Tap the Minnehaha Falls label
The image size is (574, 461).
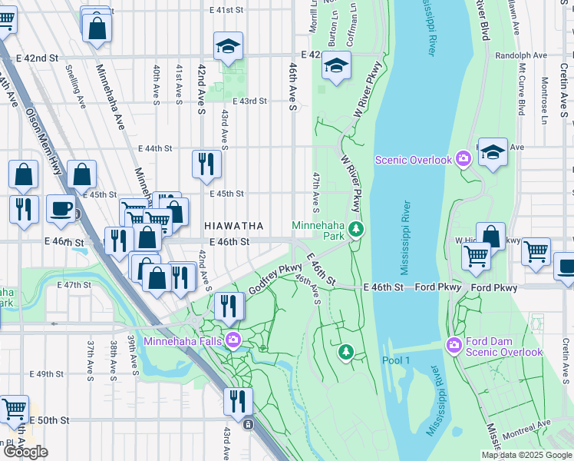click(x=183, y=341)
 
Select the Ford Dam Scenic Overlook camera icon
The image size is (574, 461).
click(x=455, y=346)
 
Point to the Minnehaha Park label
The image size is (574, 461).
click(x=318, y=230)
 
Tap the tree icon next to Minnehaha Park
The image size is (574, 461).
click(x=355, y=229)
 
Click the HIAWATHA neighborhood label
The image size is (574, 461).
click(x=234, y=226)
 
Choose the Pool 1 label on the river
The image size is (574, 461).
click(x=397, y=360)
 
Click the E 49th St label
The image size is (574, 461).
click(x=47, y=374)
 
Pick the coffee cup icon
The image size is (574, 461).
click(x=61, y=207)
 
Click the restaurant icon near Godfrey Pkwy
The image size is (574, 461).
click(x=229, y=305)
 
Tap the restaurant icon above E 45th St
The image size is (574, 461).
click(x=206, y=163)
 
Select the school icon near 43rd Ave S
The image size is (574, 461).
click(x=228, y=46)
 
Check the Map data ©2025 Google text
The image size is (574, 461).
click(x=526, y=455)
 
